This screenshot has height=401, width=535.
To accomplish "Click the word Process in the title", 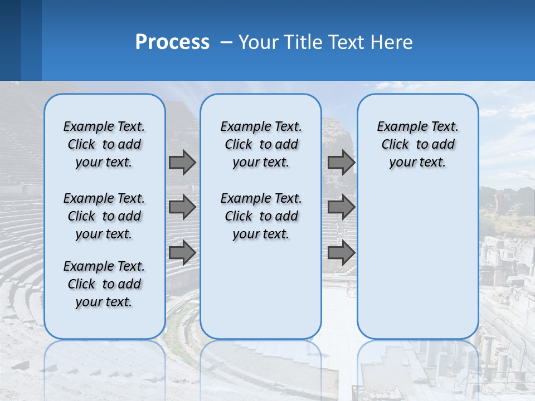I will [172, 42].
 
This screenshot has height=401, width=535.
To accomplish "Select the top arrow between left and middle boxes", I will [182, 162].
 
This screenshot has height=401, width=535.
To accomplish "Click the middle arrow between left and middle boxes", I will [182, 207].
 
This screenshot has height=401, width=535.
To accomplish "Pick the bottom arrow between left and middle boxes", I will [182, 252].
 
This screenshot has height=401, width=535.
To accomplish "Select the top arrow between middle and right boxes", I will [341, 162].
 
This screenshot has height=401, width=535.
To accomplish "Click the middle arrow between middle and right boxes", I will [341, 207].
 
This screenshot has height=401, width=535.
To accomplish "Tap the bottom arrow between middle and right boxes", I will [341, 252].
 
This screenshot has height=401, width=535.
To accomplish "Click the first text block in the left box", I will [104, 144].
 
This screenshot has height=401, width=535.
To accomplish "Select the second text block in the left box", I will [104, 216].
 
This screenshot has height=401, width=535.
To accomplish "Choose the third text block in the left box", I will [104, 284].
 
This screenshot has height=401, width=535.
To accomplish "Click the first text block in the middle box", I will [261, 144].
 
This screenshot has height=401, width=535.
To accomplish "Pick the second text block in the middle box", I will [261, 216].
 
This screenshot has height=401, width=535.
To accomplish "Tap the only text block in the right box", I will [417, 144].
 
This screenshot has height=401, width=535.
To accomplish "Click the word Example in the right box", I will [397, 127].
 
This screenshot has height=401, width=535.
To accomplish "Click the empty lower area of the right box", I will [417, 262].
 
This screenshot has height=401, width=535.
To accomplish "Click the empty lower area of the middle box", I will [261, 290].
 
